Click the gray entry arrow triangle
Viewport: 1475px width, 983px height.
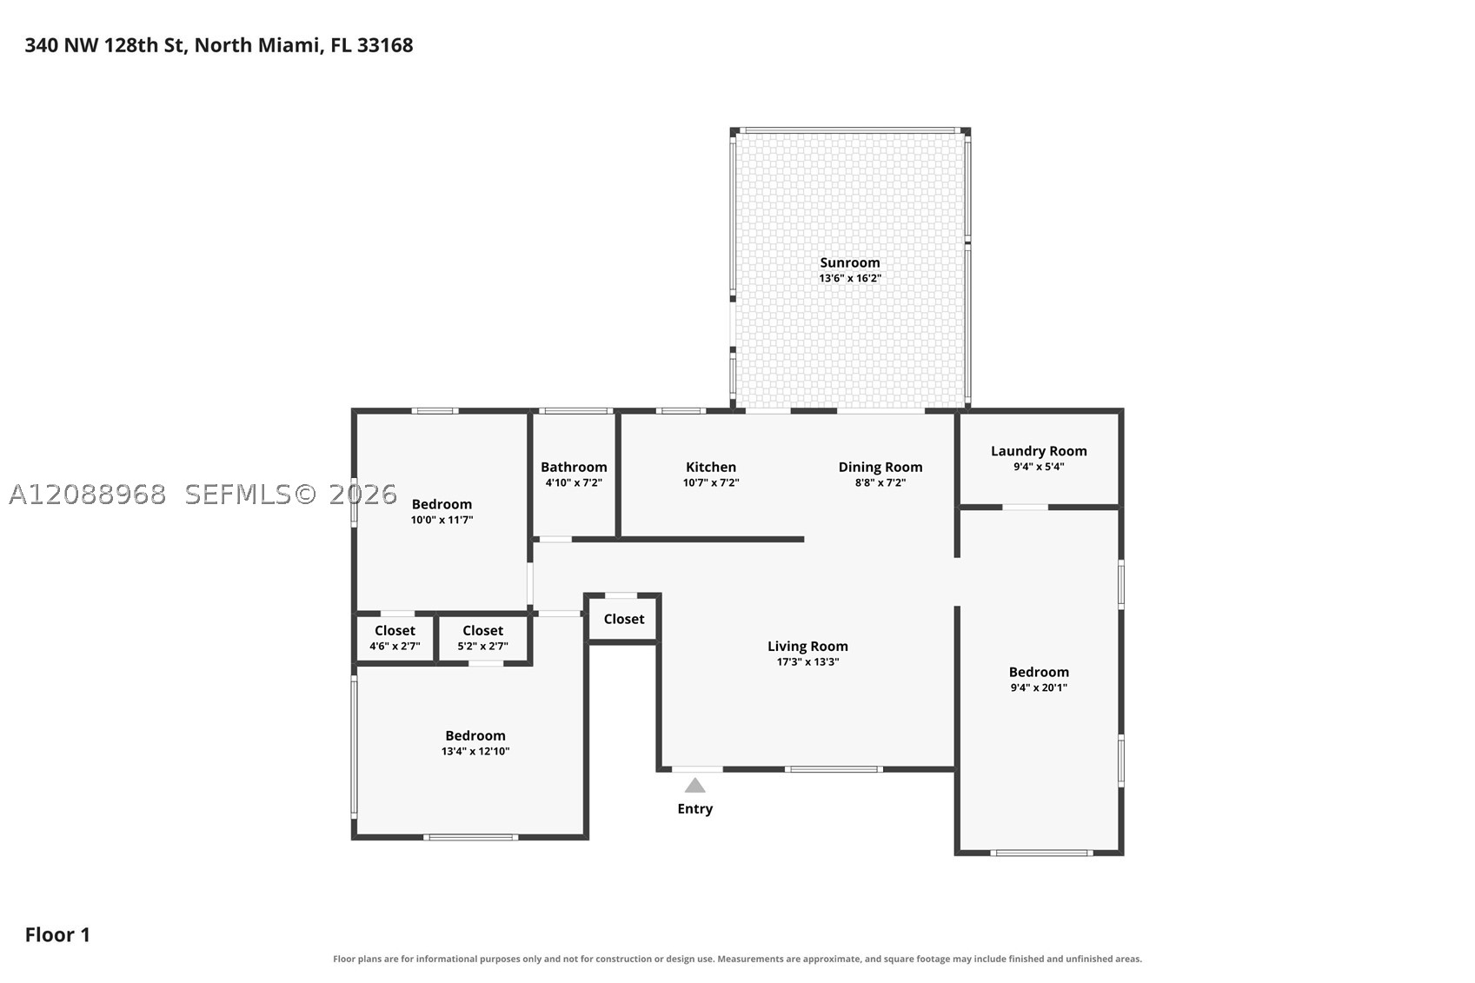tap(694, 786)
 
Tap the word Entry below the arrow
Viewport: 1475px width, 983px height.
tap(694, 809)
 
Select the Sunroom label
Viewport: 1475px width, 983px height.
tap(849, 262)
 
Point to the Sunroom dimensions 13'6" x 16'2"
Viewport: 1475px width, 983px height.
tap(849, 278)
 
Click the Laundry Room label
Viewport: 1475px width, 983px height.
tap(1039, 452)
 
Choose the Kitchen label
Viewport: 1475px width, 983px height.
tap(710, 468)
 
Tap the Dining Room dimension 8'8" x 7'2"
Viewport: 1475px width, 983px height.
tap(880, 482)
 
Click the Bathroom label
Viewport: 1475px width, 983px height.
tap(574, 468)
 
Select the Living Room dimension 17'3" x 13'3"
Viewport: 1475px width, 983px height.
tap(807, 661)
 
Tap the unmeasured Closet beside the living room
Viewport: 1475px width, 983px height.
tap(623, 620)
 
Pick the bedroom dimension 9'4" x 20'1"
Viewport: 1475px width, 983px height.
tap(1039, 687)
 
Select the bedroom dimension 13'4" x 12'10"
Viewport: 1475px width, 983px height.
tap(475, 751)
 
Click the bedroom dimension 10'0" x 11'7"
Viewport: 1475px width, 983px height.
tap(442, 520)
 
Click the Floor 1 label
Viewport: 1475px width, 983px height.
tap(57, 935)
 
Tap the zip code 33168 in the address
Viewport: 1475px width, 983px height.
tap(384, 45)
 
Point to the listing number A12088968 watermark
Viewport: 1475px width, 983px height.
tap(87, 495)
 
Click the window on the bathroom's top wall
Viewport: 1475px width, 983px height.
tap(576, 411)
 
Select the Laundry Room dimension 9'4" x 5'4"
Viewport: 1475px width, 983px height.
tap(1039, 467)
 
